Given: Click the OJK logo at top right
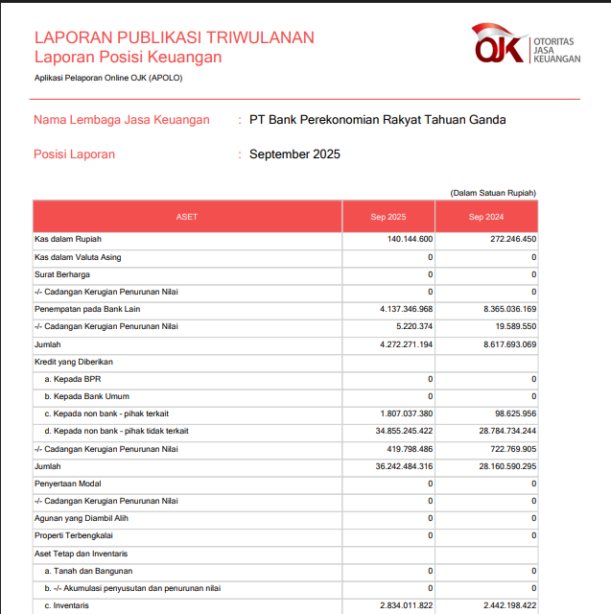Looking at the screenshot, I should [x=526, y=43].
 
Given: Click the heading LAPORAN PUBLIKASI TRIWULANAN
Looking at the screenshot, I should [x=174, y=37].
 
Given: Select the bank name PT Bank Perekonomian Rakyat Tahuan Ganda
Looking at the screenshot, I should [x=377, y=120].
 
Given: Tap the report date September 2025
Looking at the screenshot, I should [x=294, y=154].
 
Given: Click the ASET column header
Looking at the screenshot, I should [x=187, y=217].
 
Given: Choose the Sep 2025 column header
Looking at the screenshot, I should [x=388, y=217].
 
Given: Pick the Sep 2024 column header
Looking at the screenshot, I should [x=486, y=217].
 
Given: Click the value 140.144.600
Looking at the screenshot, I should [x=411, y=240].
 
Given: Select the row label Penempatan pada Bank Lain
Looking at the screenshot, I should [x=87, y=309].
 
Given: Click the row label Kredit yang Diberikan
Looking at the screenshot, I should [x=75, y=362].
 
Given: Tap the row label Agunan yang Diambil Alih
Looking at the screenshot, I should [x=82, y=518].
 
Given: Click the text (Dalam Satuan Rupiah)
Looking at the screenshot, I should [x=493, y=193].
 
